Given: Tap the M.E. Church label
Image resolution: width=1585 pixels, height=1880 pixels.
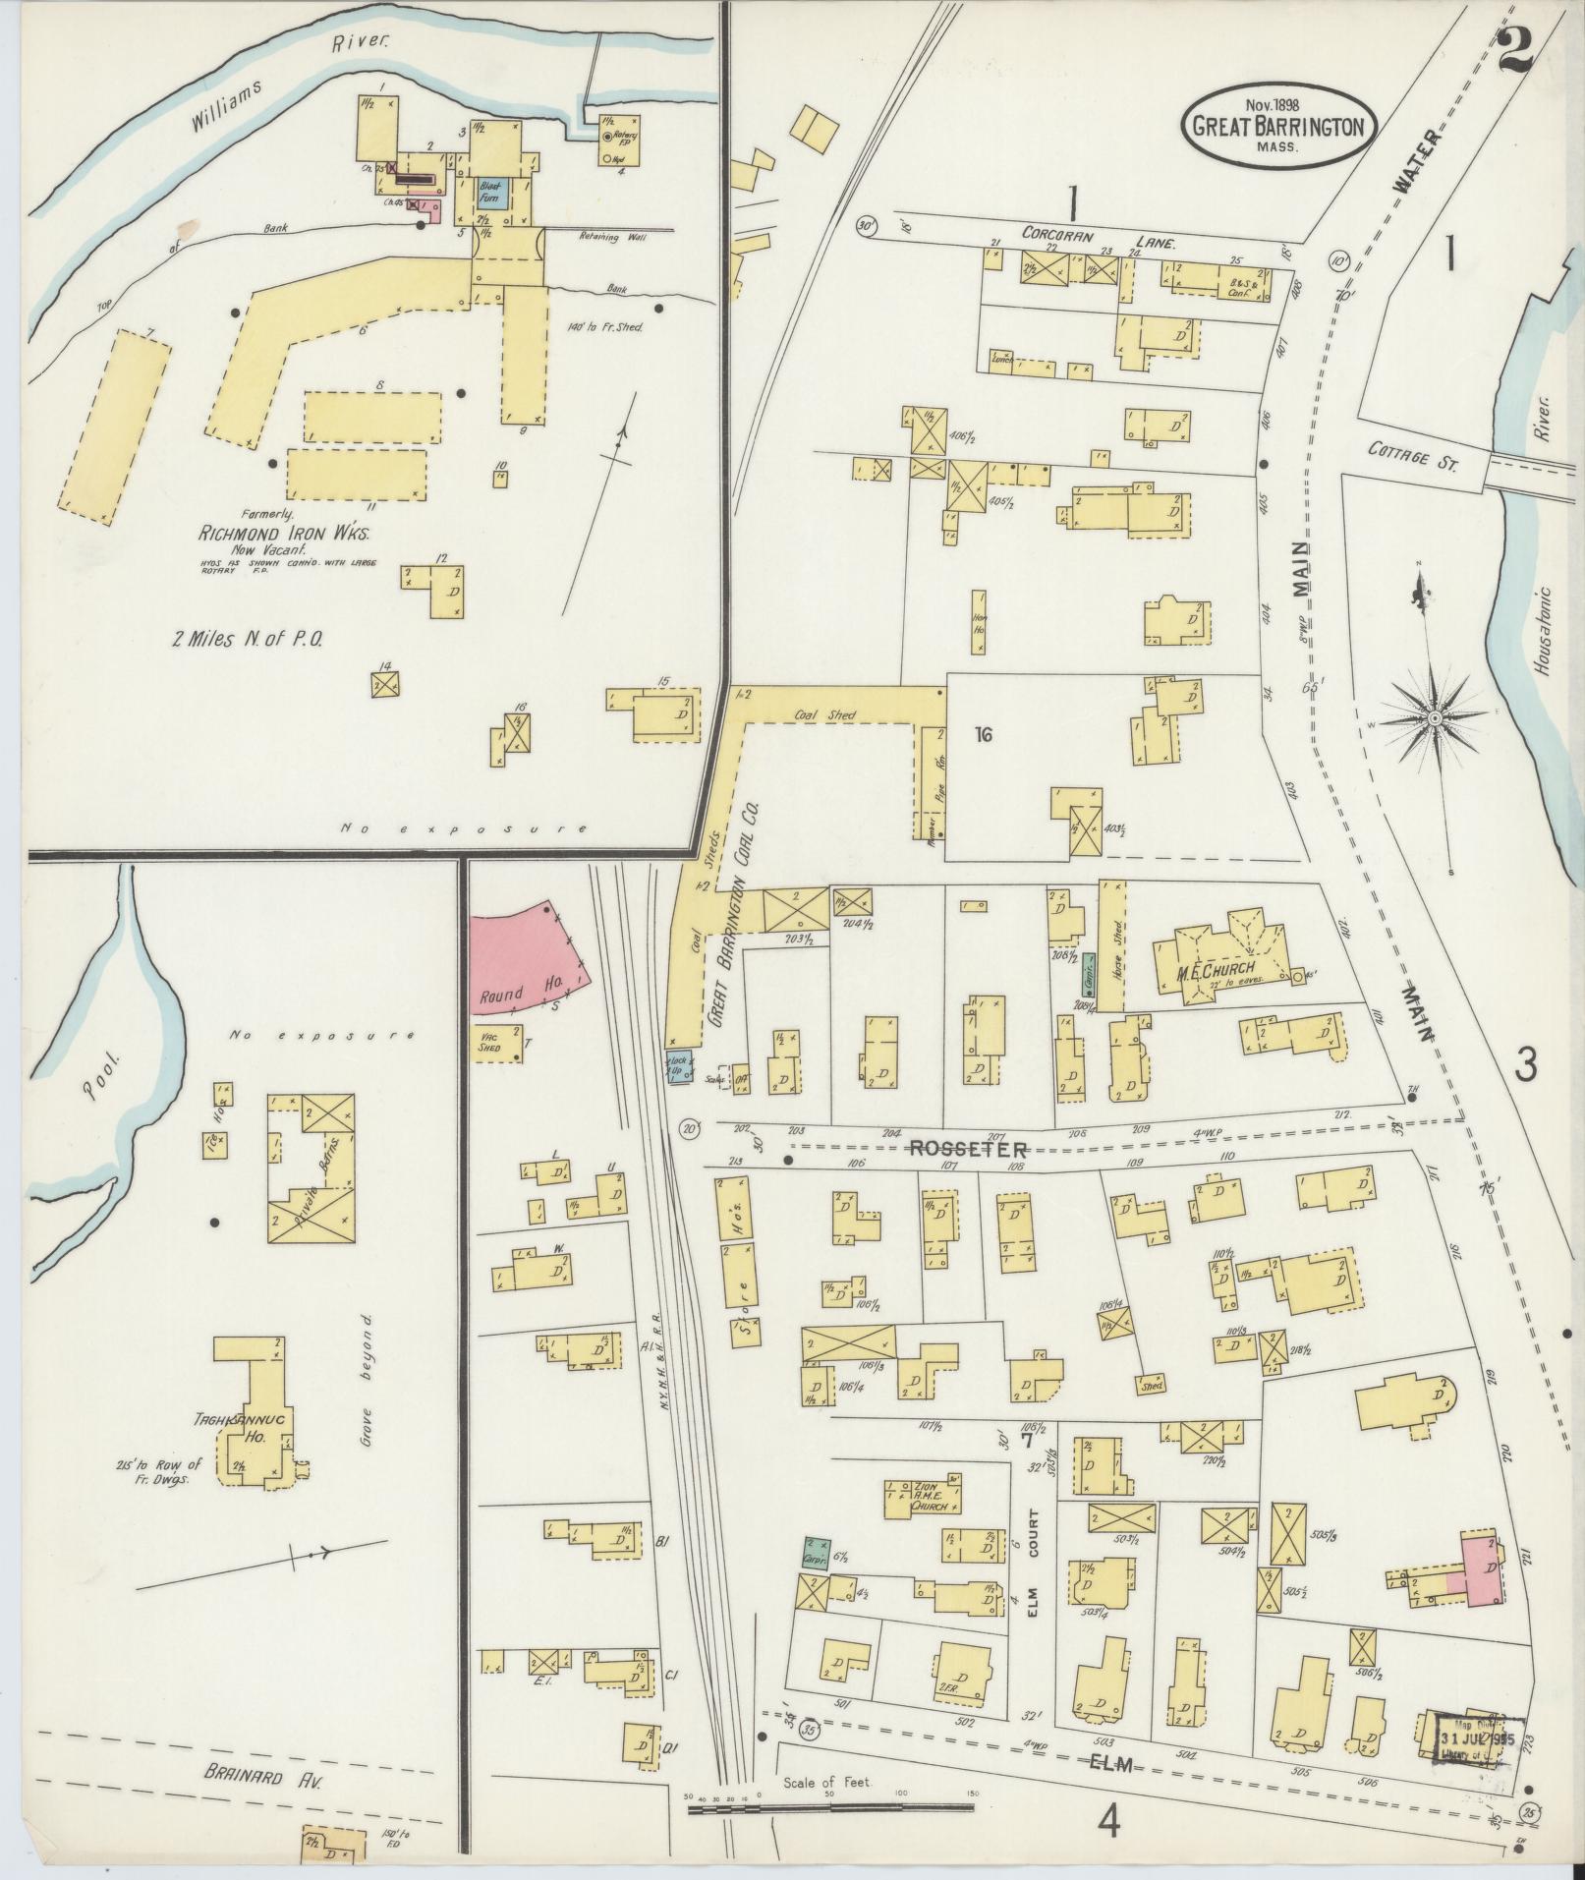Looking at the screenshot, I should click(1217, 972).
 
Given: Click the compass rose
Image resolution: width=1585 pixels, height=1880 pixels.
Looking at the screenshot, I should click(1435, 719).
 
